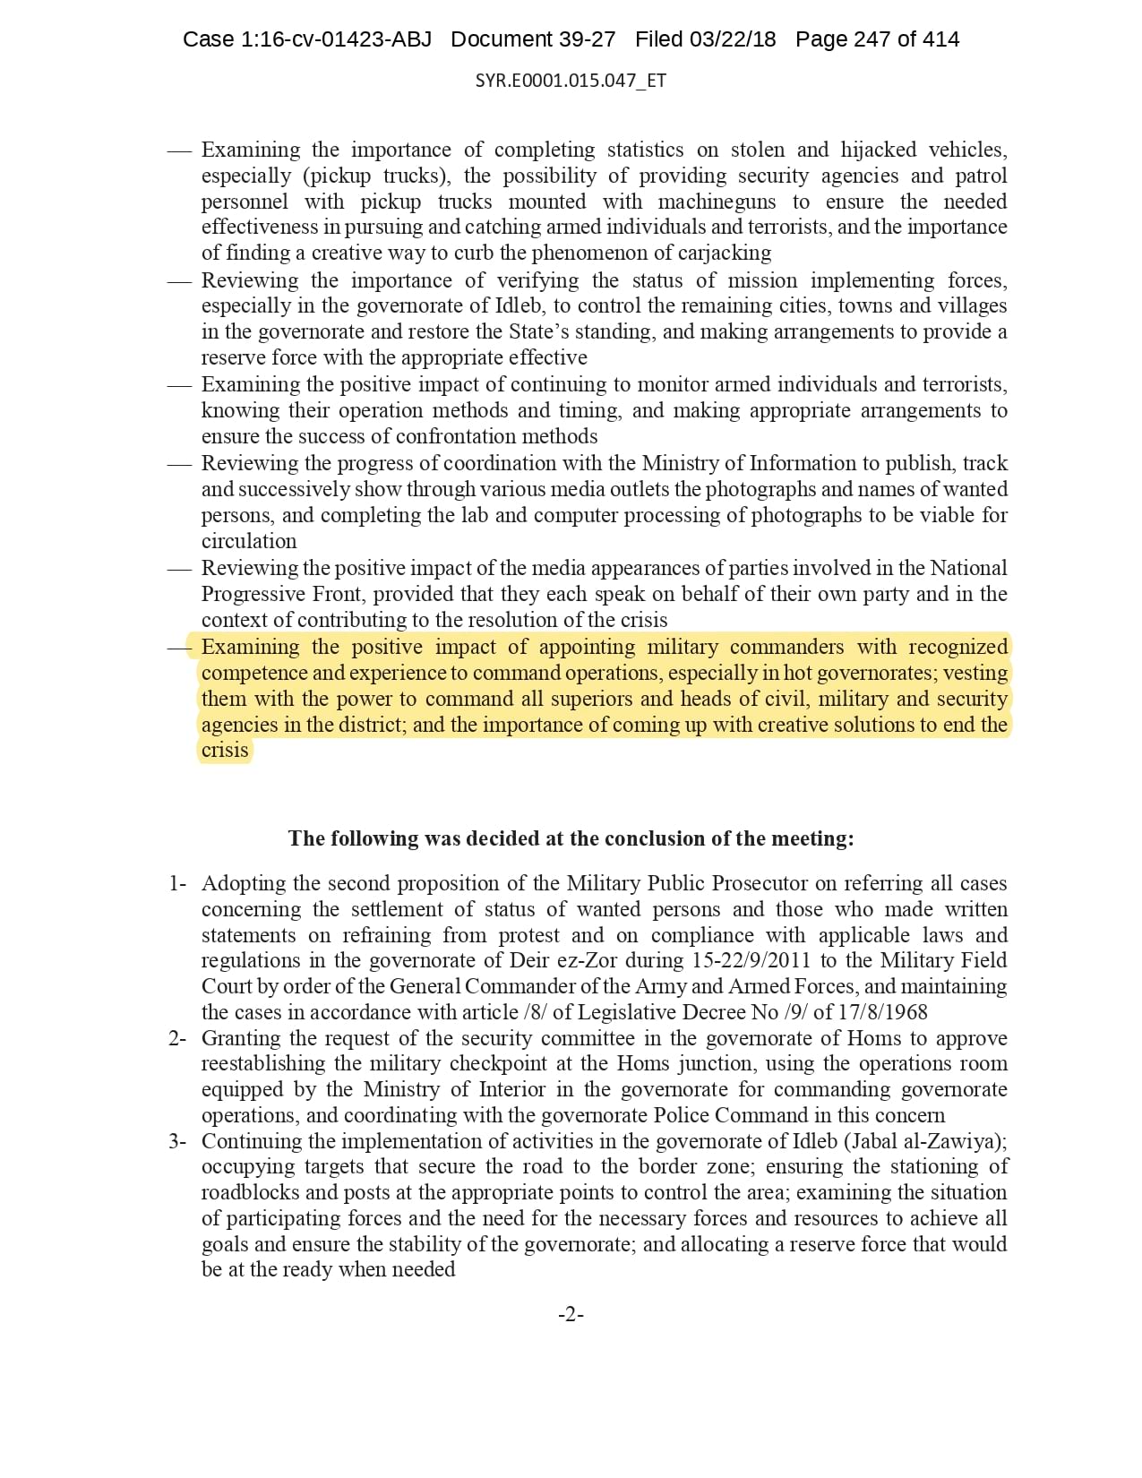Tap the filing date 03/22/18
coord(732,39)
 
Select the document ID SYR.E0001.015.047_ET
coord(571,81)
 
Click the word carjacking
coord(724,253)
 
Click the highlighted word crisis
coord(225,750)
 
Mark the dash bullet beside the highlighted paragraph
coord(179,647)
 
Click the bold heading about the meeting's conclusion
coord(571,838)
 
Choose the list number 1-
coord(177,883)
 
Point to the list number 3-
coord(177,1141)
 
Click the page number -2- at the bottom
coord(571,1315)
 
